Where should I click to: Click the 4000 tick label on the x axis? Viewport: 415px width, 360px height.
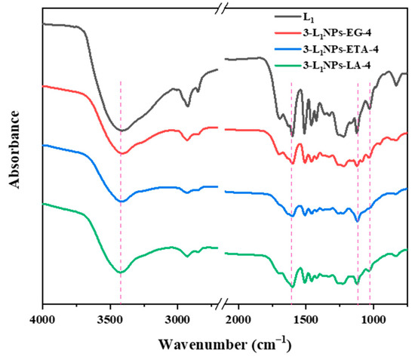pyautogui.click(x=43, y=319)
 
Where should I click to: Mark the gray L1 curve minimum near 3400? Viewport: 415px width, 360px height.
pyautogui.click(x=121, y=131)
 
